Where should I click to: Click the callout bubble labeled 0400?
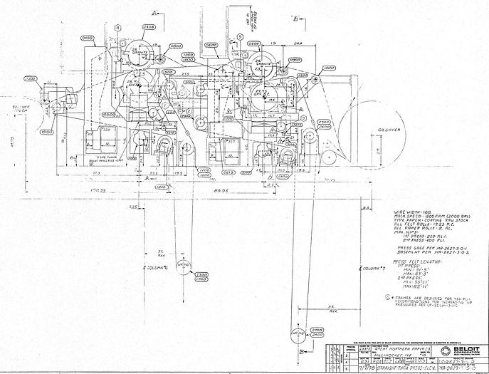88,38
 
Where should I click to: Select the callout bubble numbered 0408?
149,27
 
